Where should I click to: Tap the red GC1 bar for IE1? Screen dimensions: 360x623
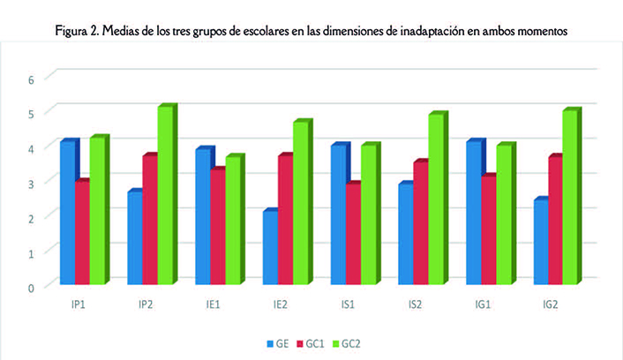(x=218, y=226)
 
